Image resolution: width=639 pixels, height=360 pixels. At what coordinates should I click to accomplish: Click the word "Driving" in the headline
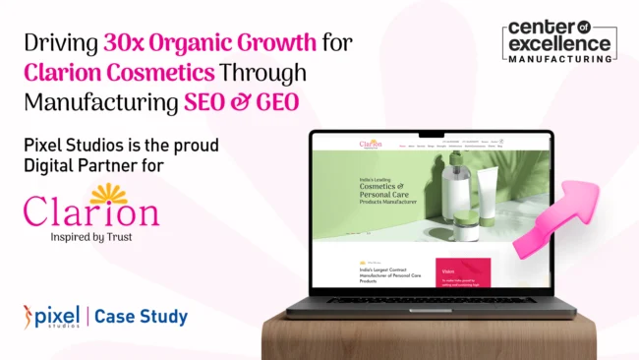click(x=61, y=43)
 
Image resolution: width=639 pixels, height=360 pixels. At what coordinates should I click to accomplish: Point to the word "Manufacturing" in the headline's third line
click(x=90, y=101)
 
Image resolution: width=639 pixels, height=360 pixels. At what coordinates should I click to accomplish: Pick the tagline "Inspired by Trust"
click(x=90, y=236)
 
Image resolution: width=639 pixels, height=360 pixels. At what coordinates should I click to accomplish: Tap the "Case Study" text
click(x=142, y=317)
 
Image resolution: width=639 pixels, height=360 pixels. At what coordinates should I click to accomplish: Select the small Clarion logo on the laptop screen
click(x=370, y=145)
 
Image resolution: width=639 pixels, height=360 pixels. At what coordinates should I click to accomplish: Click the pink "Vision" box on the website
click(x=463, y=275)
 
